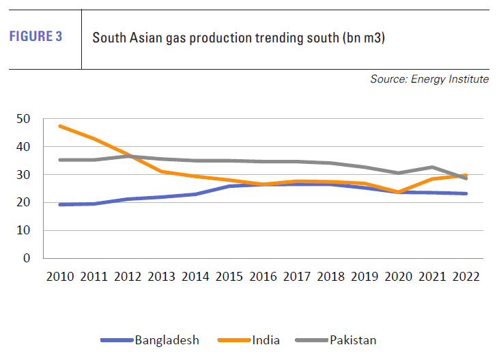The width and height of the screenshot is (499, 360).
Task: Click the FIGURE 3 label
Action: click(x=35, y=37)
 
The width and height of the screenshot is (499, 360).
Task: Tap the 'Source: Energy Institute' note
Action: click(x=429, y=79)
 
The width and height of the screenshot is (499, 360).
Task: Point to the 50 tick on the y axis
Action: click(x=24, y=119)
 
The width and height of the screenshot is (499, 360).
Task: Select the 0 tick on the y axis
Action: click(x=27, y=258)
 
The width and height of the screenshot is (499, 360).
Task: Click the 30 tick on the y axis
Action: click(x=24, y=175)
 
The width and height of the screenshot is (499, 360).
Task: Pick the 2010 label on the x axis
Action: click(x=60, y=277)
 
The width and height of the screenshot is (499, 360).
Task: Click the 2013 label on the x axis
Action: click(x=161, y=277)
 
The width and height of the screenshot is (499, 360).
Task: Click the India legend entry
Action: click(x=266, y=340)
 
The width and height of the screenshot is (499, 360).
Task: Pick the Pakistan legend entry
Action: click(x=352, y=340)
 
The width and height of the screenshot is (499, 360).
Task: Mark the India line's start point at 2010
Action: click(x=60, y=126)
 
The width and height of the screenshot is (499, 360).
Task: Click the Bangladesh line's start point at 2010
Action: click(x=60, y=204)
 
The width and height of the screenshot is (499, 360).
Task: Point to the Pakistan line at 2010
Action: click(x=60, y=160)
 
